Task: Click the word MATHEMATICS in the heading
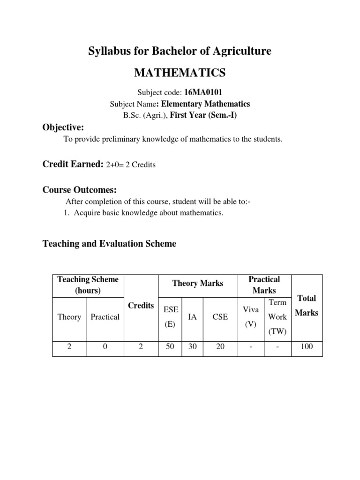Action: tap(180, 73)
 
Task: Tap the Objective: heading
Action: tap(63, 127)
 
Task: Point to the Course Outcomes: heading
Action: tap(79, 190)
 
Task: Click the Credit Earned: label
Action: tap(73, 164)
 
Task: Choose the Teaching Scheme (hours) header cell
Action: tap(88, 285)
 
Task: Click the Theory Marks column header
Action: tap(198, 283)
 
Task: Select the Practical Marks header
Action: tap(264, 285)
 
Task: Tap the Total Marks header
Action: tap(307, 305)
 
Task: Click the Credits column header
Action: tap(141, 306)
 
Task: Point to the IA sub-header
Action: tap(192, 317)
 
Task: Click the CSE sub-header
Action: tap(220, 317)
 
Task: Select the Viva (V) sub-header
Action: tap(250, 317)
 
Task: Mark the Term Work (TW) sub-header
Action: tap(277, 317)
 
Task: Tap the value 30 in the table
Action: tap(192, 347)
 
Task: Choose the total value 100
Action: tap(307, 347)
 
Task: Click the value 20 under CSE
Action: tap(220, 347)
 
